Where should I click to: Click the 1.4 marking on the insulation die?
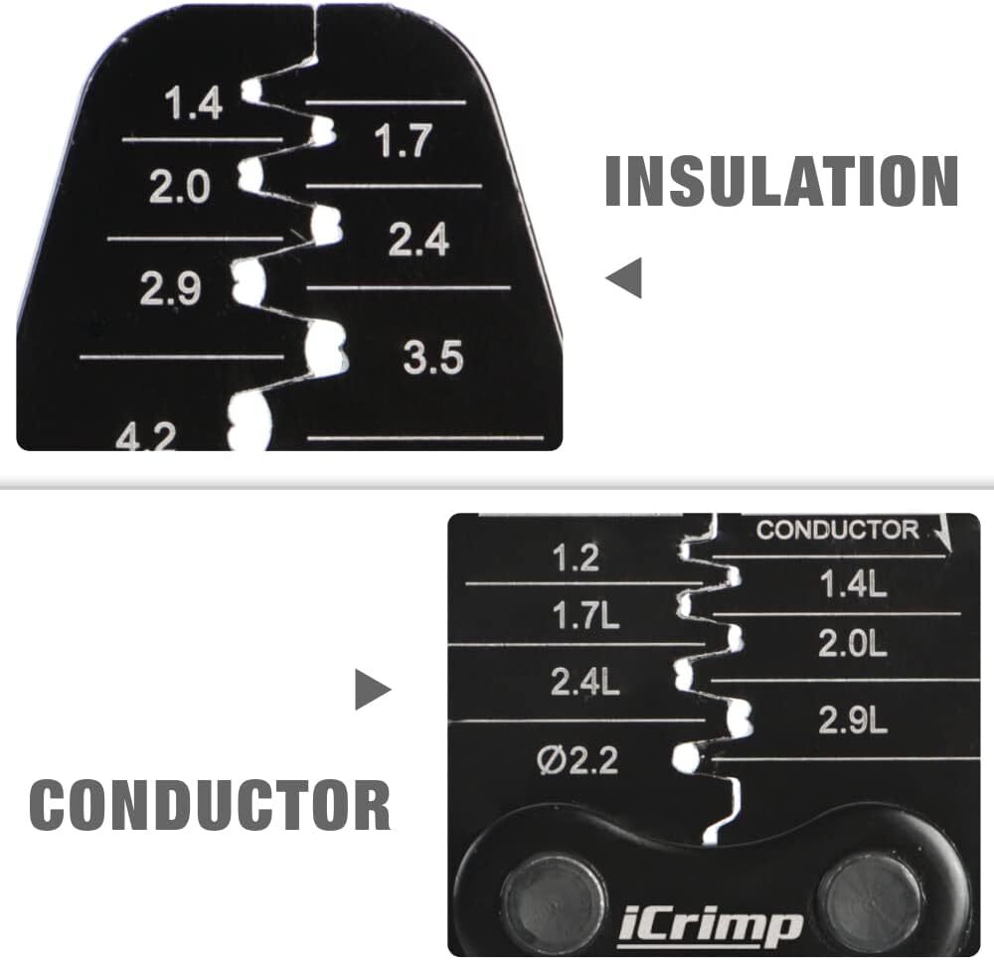click(x=194, y=104)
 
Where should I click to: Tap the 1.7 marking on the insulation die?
click(x=404, y=141)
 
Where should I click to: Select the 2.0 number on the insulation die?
click(x=179, y=188)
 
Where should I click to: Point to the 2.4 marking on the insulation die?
click(x=418, y=240)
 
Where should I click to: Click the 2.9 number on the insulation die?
click(x=170, y=288)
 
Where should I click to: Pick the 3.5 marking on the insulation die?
click(x=433, y=357)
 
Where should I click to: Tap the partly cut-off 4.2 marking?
click(x=145, y=436)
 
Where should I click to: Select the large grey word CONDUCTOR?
click(x=210, y=804)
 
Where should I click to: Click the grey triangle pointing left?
click(x=624, y=277)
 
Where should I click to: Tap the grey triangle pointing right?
click(x=373, y=690)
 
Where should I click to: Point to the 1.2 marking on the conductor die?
click(x=576, y=559)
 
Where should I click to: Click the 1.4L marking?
click(x=853, y=584)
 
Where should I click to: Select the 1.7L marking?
click(x=585, y=616)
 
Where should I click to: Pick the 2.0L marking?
click(x=852, y=644)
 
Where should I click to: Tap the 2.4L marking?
click(x=584, y=682)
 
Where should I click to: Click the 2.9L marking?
click(x=853, y=720)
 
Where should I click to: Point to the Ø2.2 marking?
click(x=577, y=760)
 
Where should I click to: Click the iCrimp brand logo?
click(x=710, y=928)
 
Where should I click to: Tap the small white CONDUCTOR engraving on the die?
click(x=837, y=530)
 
